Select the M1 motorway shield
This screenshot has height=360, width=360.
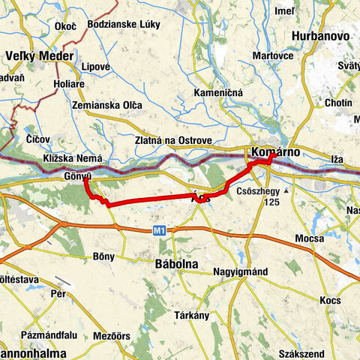click(x=157, y=231)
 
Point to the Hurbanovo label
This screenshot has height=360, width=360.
click(x=318, y=34)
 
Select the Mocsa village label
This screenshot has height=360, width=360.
click(x=309, y=238)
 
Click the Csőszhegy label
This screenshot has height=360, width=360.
click(x=259, y=191)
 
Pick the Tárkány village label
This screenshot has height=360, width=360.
click(x=192, y=315)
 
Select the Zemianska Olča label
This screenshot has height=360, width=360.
click(x=107, y=106)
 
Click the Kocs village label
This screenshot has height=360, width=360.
click(x=329, y=299)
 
